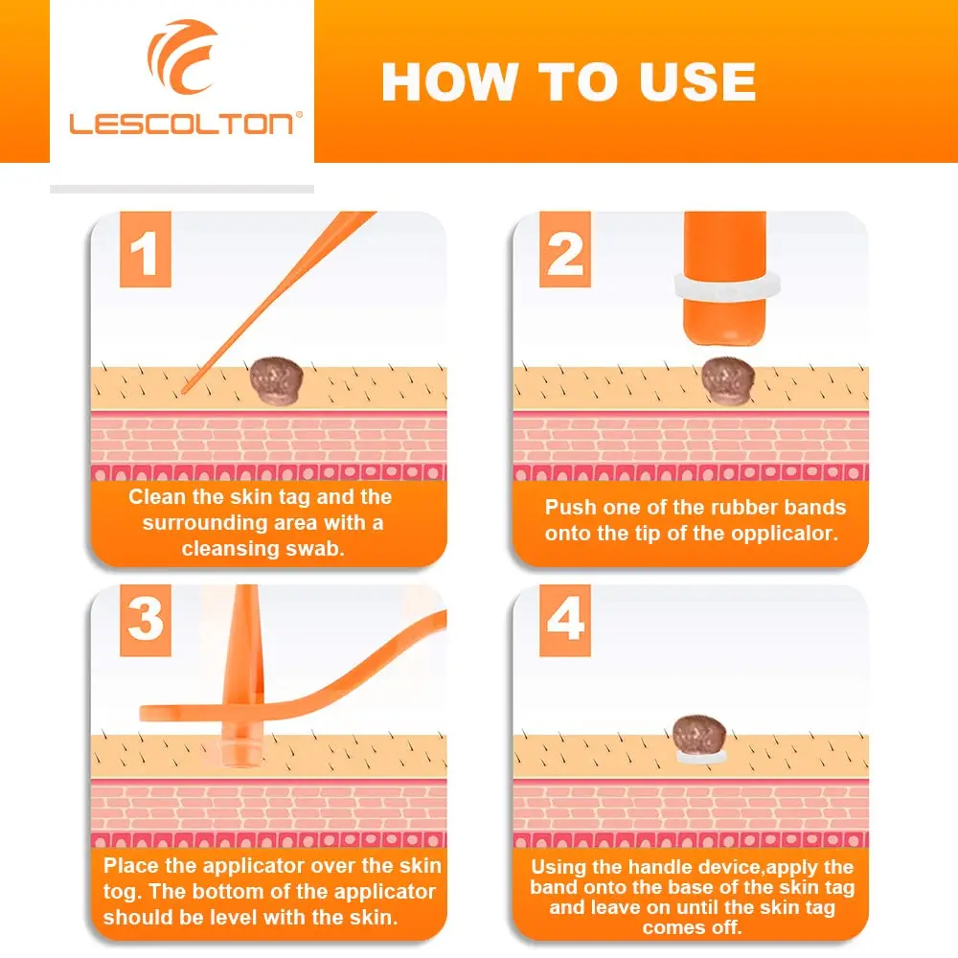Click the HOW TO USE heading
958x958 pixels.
click(x=569, y=81)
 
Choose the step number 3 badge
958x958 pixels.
click(x=145, y=620)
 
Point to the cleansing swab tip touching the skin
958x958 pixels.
click(x=185, y=391)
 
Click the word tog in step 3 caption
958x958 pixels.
click(x=121, y=891)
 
